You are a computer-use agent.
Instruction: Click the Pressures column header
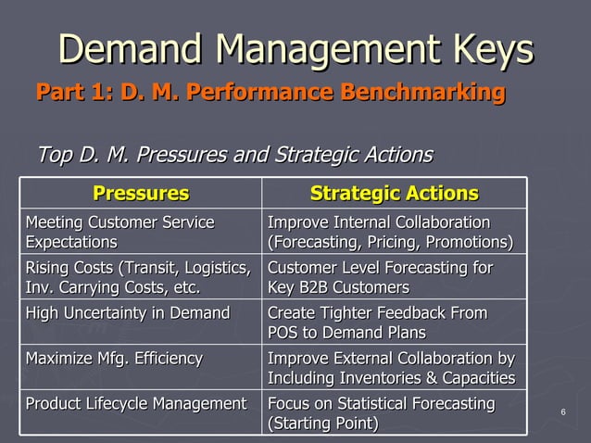coord(141,194)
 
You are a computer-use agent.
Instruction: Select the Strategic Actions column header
coord(394,194)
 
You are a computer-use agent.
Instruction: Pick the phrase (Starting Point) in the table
coord(322,424)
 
